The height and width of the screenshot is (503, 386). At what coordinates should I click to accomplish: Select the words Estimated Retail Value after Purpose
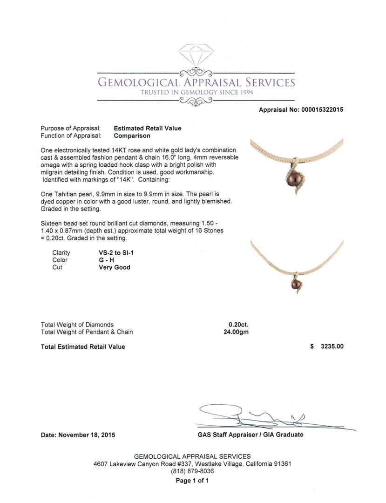[x=148, y=128]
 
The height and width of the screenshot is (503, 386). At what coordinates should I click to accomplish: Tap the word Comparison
[x=132, y=136]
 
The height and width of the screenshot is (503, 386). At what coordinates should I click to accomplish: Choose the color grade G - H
[x=103, y=260]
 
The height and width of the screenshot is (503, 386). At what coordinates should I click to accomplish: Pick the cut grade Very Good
[x=115, y=267]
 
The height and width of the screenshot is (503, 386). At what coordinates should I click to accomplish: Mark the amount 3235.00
[x=332, y=347]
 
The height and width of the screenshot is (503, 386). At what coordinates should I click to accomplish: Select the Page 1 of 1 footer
[x=192, y=481]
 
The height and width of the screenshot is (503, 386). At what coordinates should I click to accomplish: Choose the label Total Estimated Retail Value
[x=83, y=347]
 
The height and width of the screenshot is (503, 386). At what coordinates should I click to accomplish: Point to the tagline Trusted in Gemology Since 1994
[x=196, y=93]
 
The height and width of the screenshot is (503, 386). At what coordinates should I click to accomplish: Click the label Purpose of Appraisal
[x=71, y=128]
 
